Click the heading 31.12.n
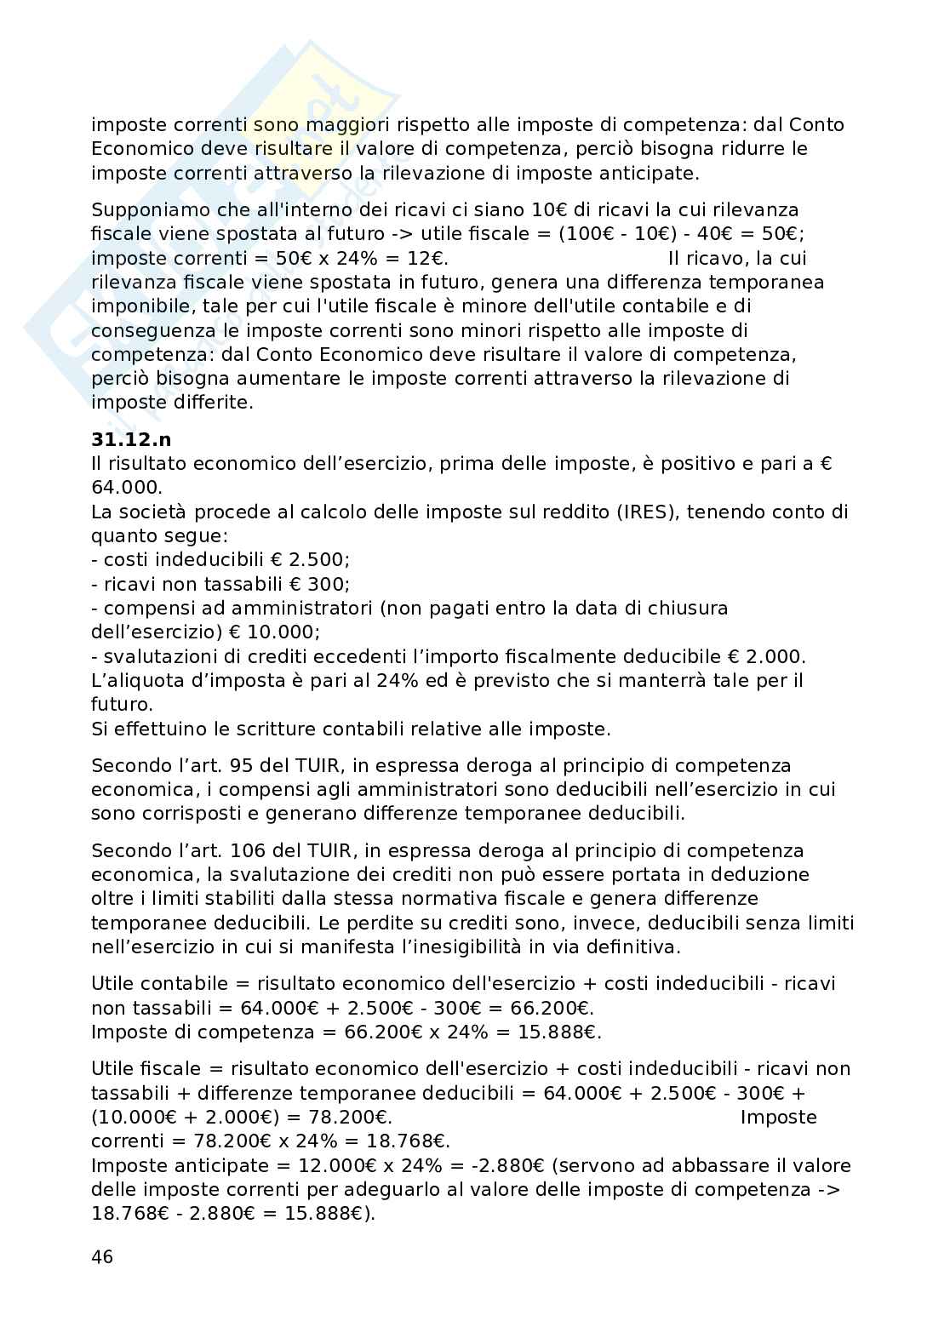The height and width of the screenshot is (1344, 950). tap(131, 440)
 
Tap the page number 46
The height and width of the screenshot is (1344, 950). tap(102, 1257)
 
